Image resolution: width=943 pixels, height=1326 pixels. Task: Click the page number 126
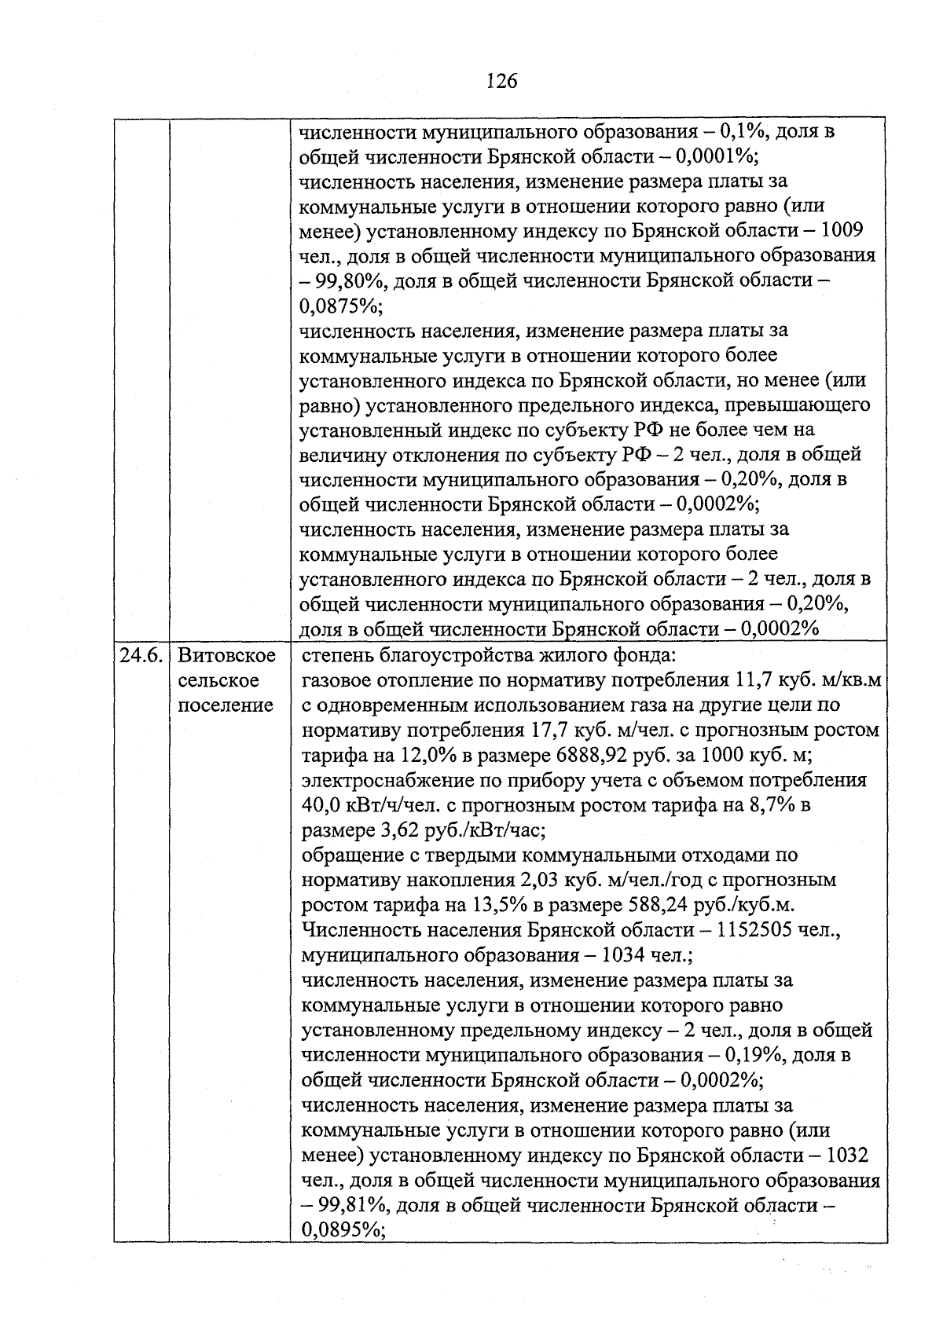[x=501, y=81]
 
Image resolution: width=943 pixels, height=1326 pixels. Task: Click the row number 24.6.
[x=141, y=655]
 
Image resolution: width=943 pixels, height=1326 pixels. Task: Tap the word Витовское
[x=227, y=655]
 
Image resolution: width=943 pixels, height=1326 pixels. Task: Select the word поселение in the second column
[x=226, y=705]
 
